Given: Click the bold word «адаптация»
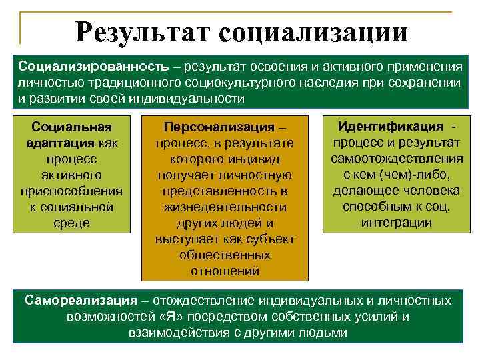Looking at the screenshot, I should (x=61, y=143).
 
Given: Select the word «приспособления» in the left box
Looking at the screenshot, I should (x=71, y=191).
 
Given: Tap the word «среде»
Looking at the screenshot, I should (x=71, y=223).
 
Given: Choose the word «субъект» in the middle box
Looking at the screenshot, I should (x=270, y=239).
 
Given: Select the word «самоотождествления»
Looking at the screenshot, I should (x=396, y=159).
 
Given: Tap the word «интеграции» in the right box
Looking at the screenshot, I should (x=396, y=223).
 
